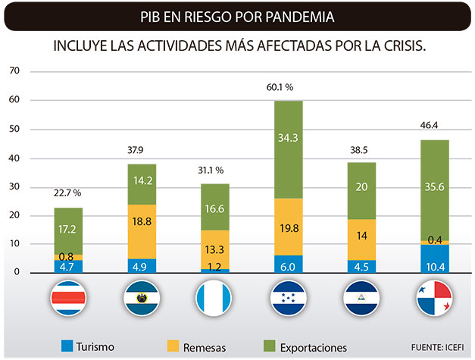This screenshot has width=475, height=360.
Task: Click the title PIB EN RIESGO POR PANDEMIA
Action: click(237, 16)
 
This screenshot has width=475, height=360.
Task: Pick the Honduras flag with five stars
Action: click(287, 299)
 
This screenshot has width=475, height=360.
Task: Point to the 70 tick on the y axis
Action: click(13, 72)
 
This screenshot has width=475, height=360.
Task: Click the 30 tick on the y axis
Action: click(13, 187)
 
